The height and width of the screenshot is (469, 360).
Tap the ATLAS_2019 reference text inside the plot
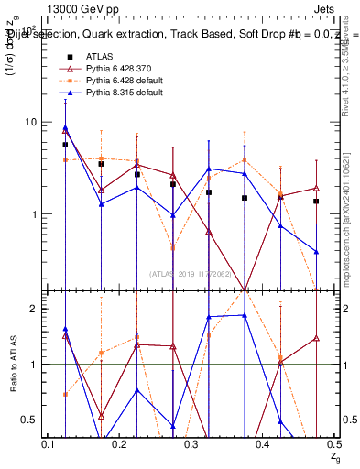coord(191,273)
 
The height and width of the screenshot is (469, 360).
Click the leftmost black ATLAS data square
coord(65,145)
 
